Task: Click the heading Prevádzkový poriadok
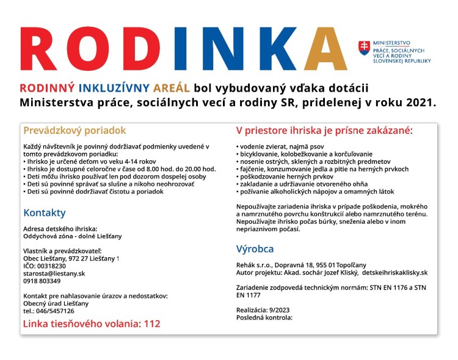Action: [74, 130]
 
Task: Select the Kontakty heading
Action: [44, 213]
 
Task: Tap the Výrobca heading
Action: [255, 249]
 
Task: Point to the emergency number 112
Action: [152, 323]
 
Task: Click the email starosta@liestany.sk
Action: [54, 273]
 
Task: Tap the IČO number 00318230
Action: [52, 266]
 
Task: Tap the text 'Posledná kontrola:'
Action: [264, 317]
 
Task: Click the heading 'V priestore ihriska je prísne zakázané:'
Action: [324, 130]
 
